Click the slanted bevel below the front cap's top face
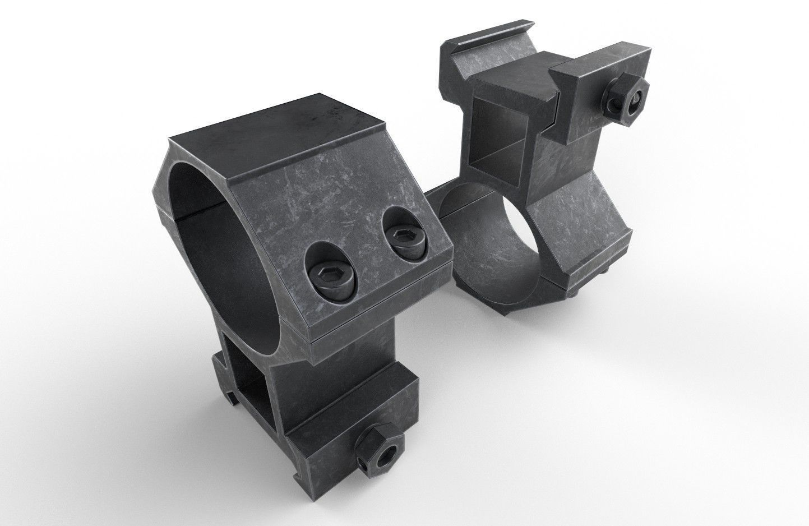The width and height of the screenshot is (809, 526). tap(314, 168)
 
